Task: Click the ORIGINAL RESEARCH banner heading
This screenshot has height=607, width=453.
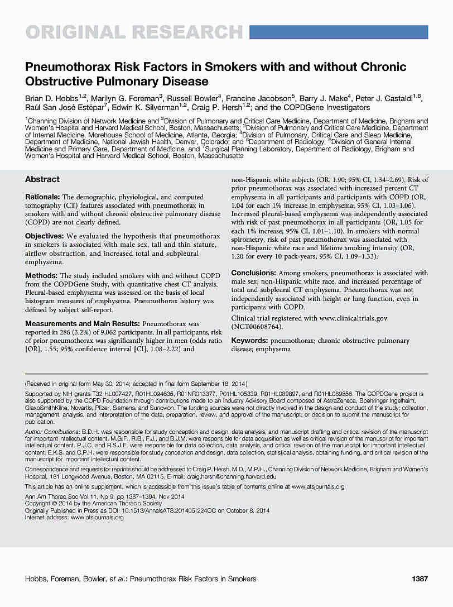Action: point(134,32)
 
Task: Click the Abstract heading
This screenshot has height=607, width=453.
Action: point(42,179)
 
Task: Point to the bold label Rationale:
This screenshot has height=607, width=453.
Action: point(44,197)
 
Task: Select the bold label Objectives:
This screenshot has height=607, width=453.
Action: point(45,237)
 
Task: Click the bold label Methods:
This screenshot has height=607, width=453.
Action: point(41,276)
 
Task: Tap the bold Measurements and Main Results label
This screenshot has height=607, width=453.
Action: point(83,323)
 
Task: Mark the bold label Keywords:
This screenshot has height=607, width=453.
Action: point(249,340)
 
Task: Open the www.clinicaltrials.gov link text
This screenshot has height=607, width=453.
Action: point(353,318)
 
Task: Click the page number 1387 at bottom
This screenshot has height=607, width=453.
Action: point(419,579)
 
